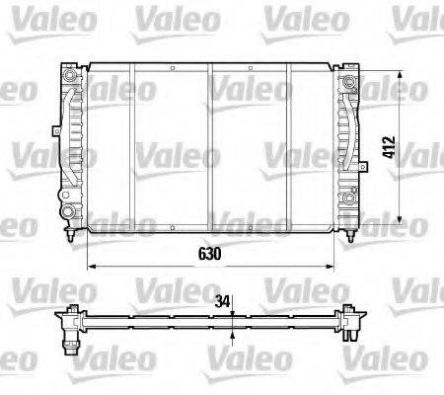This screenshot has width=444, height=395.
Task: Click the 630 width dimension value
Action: (x=207, y=253)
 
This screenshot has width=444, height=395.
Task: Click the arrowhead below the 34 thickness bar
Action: (x=231, y=335)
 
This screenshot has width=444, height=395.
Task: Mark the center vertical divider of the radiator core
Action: (x=210, y=148)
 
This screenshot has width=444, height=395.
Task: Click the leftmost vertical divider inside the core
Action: (x=132, y=148)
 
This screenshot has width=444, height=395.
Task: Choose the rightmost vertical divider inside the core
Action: (x=288, y=148)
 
